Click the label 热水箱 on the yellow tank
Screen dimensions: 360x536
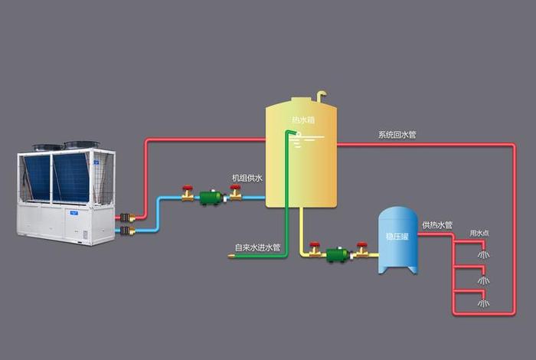point(302,120)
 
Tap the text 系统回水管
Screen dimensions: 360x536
point(397,135)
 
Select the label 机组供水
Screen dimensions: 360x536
point(247,178)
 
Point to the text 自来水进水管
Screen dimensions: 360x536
point(257,247)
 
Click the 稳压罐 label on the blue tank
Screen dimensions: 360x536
point(398,237)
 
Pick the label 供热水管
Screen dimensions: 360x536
point(437,225)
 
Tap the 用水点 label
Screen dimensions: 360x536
point(479,233)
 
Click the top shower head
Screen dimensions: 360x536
point(482,253)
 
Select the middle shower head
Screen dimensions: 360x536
point(482,280)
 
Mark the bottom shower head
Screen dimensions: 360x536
point(482,303)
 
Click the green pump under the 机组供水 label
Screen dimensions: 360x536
point(211,198)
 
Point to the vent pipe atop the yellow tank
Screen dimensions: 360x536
point(322,96)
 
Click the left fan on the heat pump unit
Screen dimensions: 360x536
point(47,146)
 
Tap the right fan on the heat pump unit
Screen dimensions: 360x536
point(81,143)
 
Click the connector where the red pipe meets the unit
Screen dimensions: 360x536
point(126,218)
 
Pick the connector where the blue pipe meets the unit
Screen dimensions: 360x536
point(126,230)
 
